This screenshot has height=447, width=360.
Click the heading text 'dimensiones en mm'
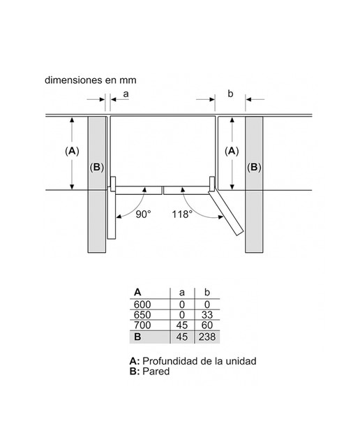point(91,80)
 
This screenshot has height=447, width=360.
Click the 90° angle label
point(143,214)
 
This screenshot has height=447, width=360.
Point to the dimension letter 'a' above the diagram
point(126,94)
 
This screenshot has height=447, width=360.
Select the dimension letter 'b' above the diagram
point(230,93)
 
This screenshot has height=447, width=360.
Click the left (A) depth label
point(72,151)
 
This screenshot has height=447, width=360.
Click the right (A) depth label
point(232,151)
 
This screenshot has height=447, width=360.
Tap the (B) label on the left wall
point(97,168)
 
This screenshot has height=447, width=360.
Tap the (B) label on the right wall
point(254,168)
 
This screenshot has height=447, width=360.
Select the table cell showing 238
point(207,337)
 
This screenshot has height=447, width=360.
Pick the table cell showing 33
point(207,315)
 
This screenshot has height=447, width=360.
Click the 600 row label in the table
point(142,305)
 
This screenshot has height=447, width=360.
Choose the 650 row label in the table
point(142,315)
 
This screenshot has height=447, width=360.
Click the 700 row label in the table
point(142,325)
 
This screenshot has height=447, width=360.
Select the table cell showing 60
point(207,325)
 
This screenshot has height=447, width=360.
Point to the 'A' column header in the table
point(137,293)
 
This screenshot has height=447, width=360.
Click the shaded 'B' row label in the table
point(137,337)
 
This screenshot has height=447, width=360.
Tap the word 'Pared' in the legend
point(156,372)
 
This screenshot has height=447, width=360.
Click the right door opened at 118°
point(225,212)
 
